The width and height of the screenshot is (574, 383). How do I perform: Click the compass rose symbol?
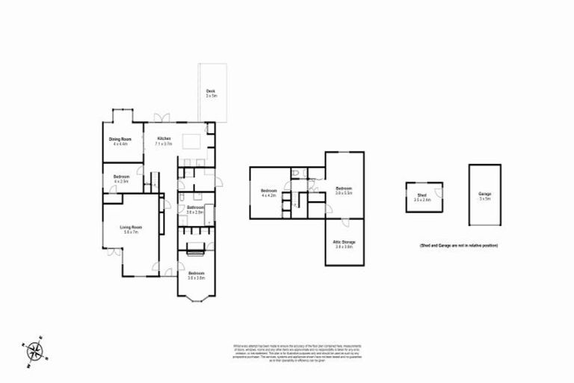34,352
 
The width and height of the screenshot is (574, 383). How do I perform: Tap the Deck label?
212,94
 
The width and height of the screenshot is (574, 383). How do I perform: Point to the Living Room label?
131,230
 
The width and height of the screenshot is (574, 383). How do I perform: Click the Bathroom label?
196,209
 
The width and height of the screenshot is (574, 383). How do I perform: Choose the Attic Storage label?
343,244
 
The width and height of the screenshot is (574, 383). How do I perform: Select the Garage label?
484,196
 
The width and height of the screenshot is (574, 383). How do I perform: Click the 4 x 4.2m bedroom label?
269,193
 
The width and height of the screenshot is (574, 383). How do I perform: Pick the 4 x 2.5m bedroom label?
121,179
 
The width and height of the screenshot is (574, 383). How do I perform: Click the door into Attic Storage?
345,222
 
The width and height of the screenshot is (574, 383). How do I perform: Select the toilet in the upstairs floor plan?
297,173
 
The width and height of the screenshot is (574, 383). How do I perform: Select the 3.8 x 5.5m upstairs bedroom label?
343,190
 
